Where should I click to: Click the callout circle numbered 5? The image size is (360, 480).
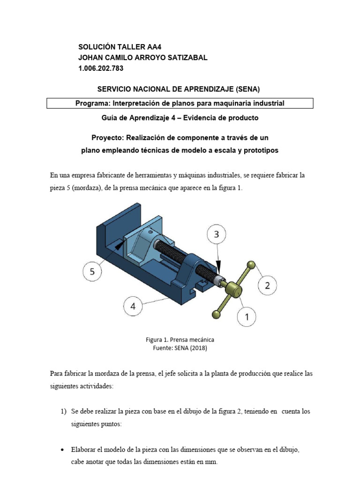pyautogui.click(x=92, y=271)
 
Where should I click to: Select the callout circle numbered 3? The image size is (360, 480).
pyautogui.click(x=217, y=234)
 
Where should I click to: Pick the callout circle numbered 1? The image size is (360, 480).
pyautogui.click(x=247, y=317)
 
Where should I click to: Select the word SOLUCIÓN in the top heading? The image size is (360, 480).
pyautogui.click(x=98, y=47)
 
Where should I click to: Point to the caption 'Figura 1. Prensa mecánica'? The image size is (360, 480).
pyautogui.click(x=180, y=339)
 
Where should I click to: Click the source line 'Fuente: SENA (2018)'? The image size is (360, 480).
pyautogui.click(x=180, y=348)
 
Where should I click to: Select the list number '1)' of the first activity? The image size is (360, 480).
pyautogui.click(x=64, y=412)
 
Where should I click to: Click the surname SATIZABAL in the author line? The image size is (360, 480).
pyautogui.click(x=184, y=58)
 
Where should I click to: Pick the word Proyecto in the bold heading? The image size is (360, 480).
pyautogui.click(x=106, y=138)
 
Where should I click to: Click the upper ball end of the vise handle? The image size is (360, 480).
pyautogui.click(x=252, y=265)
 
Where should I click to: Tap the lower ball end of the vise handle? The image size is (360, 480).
pyautogui.click(x=216, y=315)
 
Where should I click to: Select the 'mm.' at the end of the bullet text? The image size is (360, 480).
pyautogui.click(x=212, y=462)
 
